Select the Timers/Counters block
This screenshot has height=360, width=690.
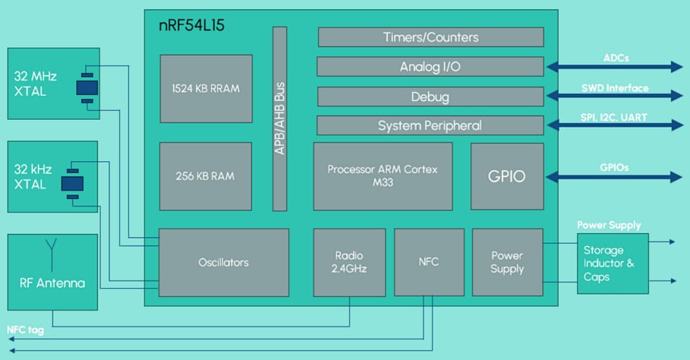point(430,37)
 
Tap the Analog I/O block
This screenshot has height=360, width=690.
point(430,67)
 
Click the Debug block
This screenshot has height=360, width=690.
point(430,96)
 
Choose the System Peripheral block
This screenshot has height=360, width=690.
point(430,125)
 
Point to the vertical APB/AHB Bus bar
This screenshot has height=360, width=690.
point(279,118)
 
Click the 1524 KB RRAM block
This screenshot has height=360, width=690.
point(205,88)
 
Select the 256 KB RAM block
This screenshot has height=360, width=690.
point(205,176)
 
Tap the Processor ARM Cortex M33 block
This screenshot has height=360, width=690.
point(383,176)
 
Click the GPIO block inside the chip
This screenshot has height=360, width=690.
point(507,176)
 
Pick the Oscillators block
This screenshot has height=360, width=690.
point(224,262)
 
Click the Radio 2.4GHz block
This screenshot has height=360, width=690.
point(349,262)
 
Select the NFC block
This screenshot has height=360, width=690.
point(428,262)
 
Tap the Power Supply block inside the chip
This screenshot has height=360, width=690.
point(507,263)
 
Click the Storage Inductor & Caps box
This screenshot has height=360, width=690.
point(613,263)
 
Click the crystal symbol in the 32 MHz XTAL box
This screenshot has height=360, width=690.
point(87,87)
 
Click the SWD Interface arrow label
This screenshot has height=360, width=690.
point(615,88)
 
